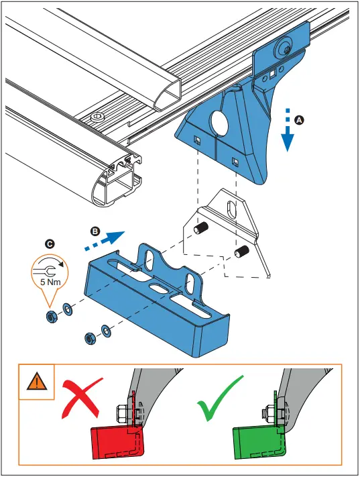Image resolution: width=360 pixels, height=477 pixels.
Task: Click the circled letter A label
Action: [300, 119]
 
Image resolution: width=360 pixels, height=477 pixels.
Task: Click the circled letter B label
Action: [95, 230]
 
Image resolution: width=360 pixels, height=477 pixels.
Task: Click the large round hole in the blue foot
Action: [217, 124]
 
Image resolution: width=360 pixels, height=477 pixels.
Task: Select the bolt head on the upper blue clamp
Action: [284, 48]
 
